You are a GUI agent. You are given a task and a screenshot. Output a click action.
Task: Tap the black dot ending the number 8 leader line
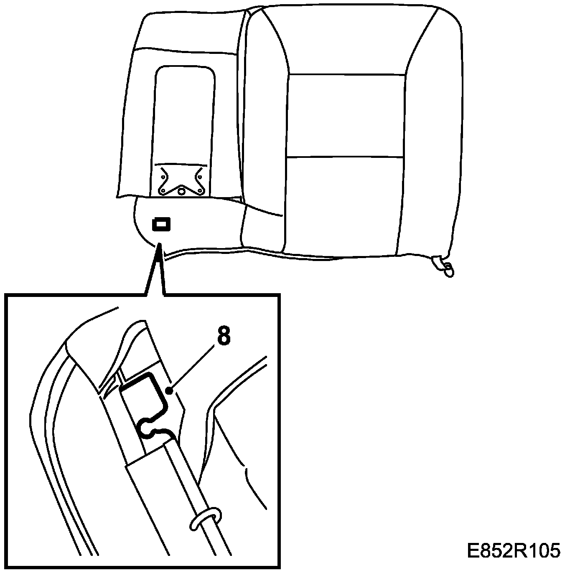point(169,391)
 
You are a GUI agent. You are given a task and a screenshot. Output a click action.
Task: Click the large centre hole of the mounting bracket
point(181,191)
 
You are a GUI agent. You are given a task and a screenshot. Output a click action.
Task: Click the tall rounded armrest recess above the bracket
point(185,113)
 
